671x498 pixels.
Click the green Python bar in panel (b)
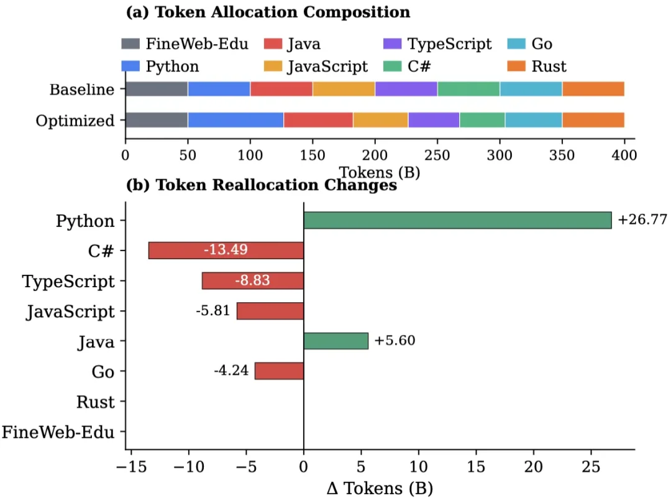pos(457,220)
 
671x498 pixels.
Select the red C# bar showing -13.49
pos(226,251)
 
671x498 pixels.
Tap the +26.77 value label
pos(642,220)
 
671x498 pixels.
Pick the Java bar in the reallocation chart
pos(335,341)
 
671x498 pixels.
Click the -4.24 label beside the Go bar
pos(231,371)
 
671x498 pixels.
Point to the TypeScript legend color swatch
pos(392,44)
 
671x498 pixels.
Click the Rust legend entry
pos(549,67)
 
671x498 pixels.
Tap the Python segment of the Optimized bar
pos(235,120)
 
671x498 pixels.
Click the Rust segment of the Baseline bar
pos(593,89)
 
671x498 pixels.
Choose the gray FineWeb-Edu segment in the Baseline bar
pos(157,89)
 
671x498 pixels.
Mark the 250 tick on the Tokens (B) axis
pos(437,155)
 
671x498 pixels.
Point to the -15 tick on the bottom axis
pos(131,466)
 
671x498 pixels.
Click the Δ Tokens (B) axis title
pos(380,487)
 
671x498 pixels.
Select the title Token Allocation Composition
pos(268,12)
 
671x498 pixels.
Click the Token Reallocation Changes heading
pos(261,185)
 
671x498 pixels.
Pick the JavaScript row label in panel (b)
pos(70,311)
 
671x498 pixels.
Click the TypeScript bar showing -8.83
pos(253,281)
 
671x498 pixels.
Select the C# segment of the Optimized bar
pos(482,120)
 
